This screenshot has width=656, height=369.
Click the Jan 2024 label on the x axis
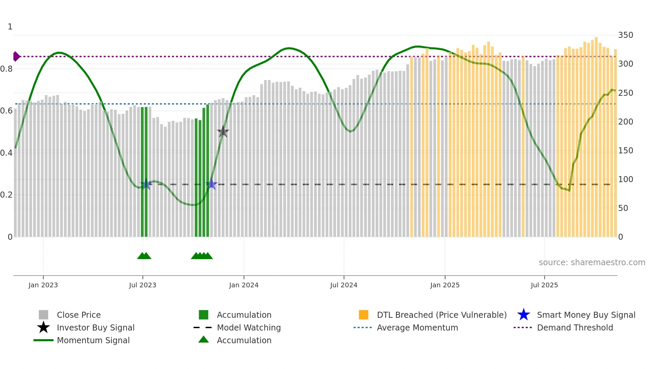pyautogui.click(x=244, y=285)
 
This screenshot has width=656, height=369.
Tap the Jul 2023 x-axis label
pyautogui.click(x=143, y=285)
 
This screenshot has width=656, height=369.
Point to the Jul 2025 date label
pyautogui.click(x=544, y=285)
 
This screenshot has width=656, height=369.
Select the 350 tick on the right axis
pyautogui.click(x=625, y=35)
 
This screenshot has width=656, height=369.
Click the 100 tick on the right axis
pyautogui.click(x=625, y=179)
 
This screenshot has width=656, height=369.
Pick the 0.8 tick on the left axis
pyautogui.click(x=6, y=69)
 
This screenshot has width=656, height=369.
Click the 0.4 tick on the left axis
pyautogui.click(x=6, y=153)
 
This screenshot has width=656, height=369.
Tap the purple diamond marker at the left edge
pyautogui.click(x=16, y=57)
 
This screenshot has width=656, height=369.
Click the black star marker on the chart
pyautogui.click(x=223, y=132)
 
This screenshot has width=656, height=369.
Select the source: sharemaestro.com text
pyautogui.click(x=592, y=262)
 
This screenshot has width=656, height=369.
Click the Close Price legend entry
pyautogui.click(x=79, y=315)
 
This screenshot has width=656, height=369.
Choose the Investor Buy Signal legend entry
pyautogui.click(x=95, y=327)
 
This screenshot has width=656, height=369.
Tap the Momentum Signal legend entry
pyautogui.click(x=93, y=340)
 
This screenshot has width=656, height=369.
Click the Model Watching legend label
pyautogui.click(x=249, y=327)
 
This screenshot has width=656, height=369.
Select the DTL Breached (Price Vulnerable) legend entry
pyautogui.click(x=441, y=315)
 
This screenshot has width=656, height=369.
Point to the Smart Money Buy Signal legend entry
pyautogui.click(x=586, y=315)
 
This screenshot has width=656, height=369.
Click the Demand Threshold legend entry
pyautogui.click(x=575, y=327)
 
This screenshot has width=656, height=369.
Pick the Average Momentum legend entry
pyautogui.click(x=417, y=327)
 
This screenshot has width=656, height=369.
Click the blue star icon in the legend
pyautogui.click(x=523, y=315)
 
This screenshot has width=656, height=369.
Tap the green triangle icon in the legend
pyautogui.click(x=203, y=340)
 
